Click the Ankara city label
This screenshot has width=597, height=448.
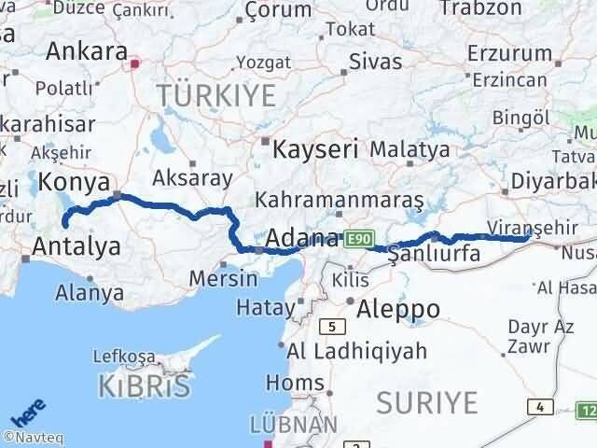point(86,51)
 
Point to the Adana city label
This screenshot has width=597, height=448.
point(301,239)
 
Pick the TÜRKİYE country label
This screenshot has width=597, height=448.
point(216,95)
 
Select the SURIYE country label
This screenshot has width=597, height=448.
point(427,403)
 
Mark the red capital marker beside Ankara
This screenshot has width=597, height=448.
point(136,64)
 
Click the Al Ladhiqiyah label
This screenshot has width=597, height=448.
point(357,351)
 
